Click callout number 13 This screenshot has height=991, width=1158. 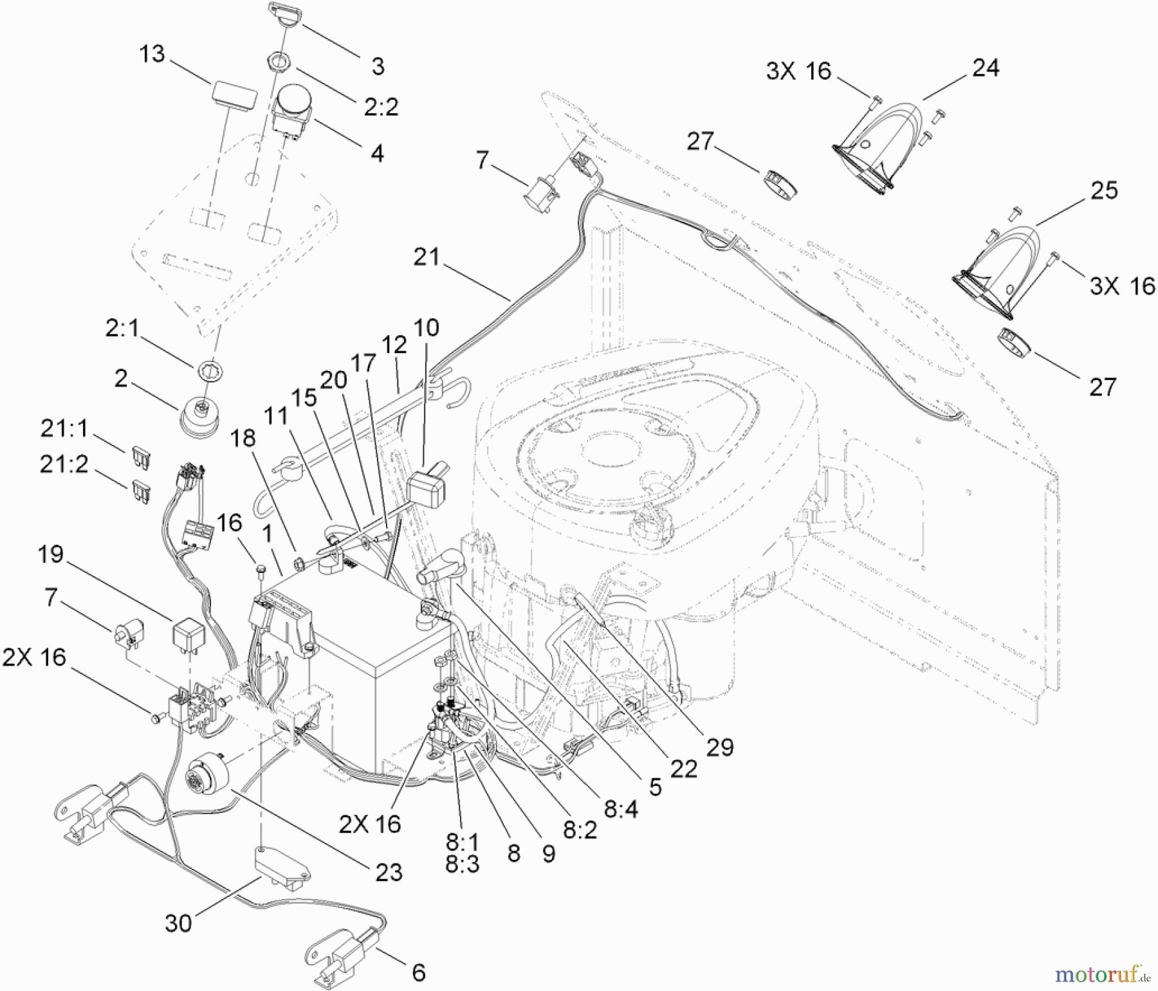tap(152, 54)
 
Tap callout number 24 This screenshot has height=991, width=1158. tap(986, 68)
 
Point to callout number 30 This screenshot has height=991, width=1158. tap(178, 923)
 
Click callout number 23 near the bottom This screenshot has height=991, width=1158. tap(388, 872)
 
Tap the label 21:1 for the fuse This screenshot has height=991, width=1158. tap(64, 429)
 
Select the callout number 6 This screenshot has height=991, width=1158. tap(418, 972)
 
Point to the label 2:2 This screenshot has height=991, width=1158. tap(381, 107)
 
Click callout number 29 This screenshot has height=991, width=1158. tap(719, 747)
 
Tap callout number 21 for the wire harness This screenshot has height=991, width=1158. tap(427, 257)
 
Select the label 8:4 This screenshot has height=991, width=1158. tap(620, 808)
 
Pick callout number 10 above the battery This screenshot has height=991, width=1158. tap(426, 328)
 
